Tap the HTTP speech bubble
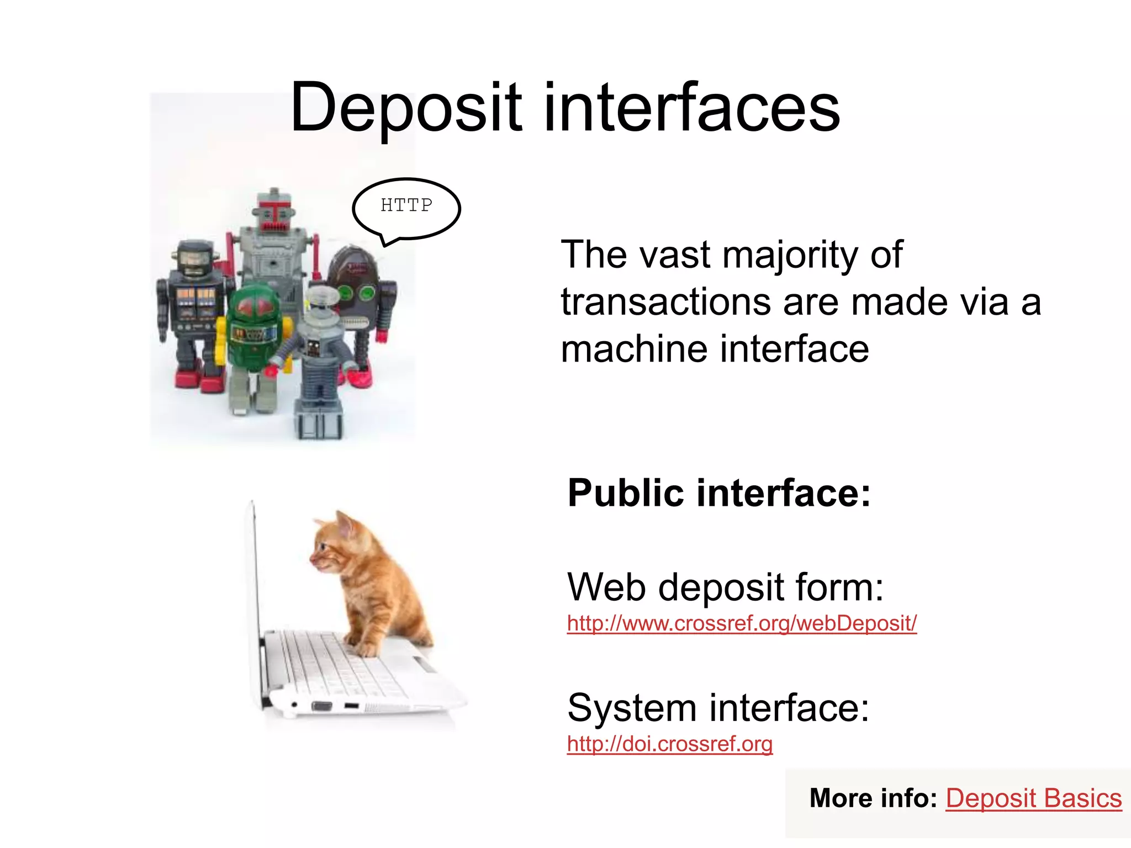[406, 207]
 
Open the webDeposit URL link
[742, 623]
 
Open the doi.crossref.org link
[669, 744]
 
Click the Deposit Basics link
[1033, 798]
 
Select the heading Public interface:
[718, 492]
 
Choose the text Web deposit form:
[725, 587]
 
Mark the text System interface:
[718, 708]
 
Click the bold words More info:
[873, 798]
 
